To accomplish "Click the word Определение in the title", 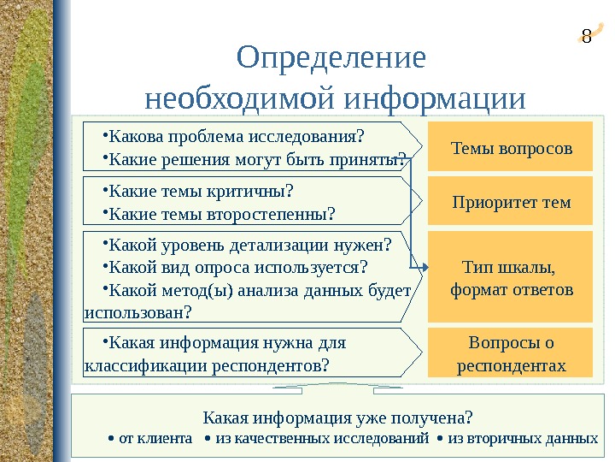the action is [x=331, y=59].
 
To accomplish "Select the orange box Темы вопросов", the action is [x=511, y=147].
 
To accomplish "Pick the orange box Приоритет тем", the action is [x=511, y=202].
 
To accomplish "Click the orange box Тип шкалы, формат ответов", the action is [x=511, y=278].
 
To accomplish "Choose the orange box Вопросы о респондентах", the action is [x=511, y=354].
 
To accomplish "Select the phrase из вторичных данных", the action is [x=522, y=439].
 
